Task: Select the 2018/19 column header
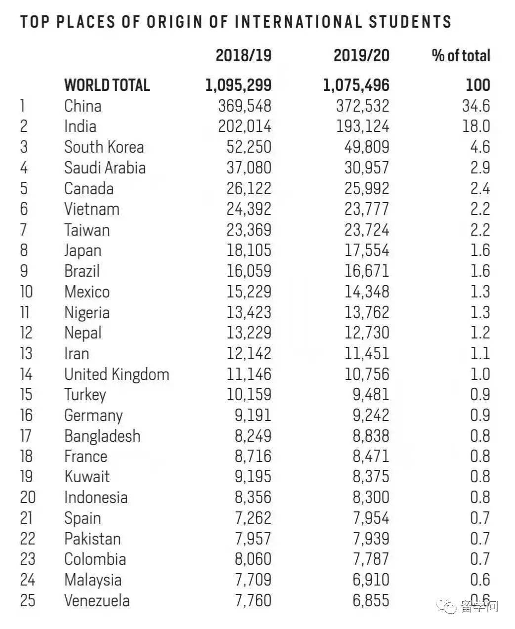243,55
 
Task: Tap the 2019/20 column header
361,55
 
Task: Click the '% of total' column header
461,55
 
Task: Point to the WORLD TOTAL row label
107,85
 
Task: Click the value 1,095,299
238,85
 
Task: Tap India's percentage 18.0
476,126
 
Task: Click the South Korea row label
104,147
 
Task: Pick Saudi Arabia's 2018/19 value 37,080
249,168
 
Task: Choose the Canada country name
88,189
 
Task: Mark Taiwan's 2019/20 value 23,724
367,230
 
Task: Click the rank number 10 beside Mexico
26,292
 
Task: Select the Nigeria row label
86,312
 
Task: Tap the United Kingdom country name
117,374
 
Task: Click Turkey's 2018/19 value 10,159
249,395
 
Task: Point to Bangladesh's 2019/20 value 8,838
371,436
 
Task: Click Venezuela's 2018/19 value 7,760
253,601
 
